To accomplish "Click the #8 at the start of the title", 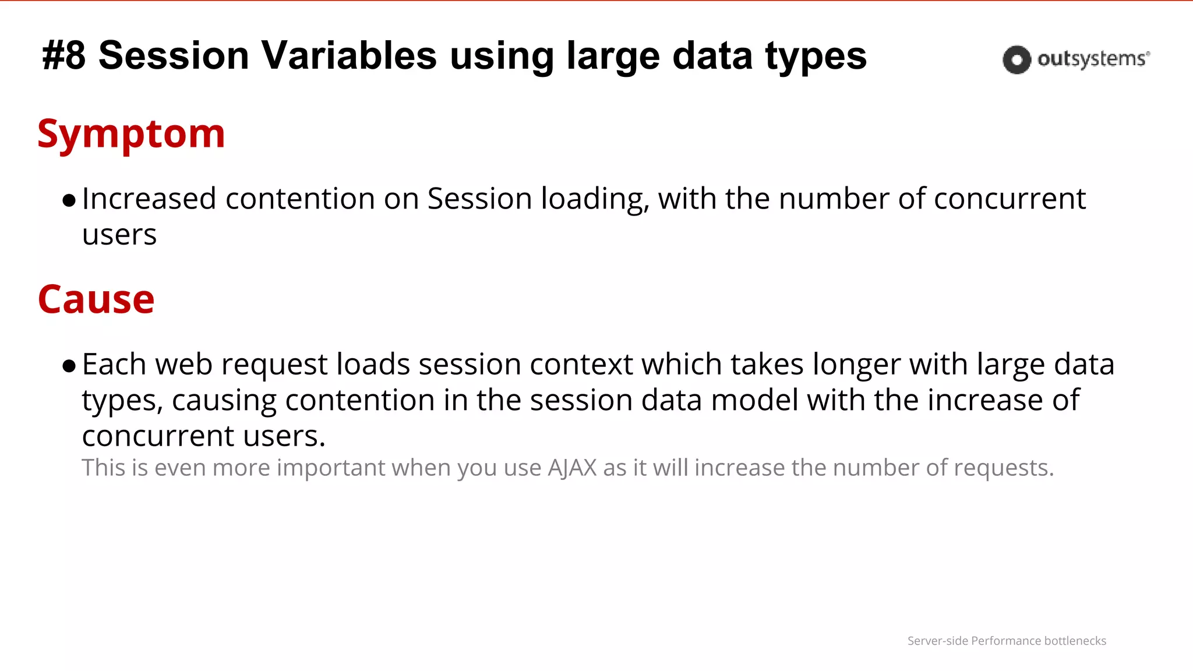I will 64,56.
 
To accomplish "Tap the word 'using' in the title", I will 502,57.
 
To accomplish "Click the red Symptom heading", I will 131,134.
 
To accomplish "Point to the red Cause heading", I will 96,299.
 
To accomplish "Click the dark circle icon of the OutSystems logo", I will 1016,59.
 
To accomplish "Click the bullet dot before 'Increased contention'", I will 69,201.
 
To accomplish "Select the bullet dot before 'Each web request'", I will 69,366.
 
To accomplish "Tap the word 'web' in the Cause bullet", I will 183,365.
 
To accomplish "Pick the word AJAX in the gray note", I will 572,468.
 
